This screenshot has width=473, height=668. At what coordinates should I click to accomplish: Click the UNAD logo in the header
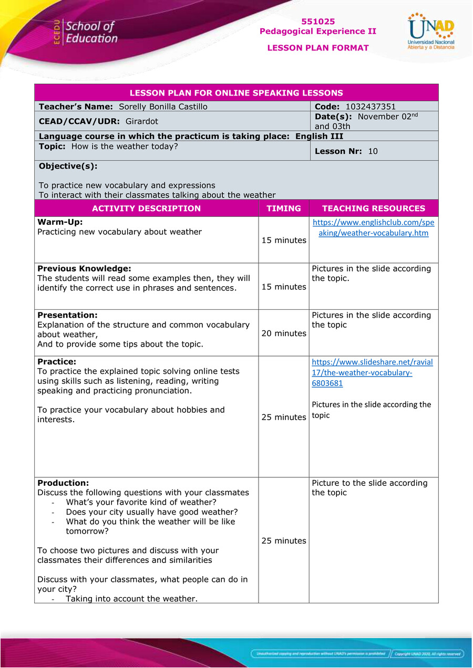point(431,32)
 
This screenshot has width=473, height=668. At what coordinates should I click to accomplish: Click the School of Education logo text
point(89,32)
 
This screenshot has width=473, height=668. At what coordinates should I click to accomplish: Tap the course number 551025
point(318,22)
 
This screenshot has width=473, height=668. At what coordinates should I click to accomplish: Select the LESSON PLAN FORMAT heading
point(318,48)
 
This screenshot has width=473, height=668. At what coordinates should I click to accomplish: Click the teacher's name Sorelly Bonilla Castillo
point(163,107)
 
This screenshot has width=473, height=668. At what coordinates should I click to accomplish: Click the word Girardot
point(142,121)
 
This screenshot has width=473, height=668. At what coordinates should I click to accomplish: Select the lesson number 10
point(373,151)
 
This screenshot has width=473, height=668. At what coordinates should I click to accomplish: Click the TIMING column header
point(283,208)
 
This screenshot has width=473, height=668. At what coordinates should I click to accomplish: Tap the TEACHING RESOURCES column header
point(374,208)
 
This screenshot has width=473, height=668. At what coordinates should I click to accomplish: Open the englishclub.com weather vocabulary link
point(373,227)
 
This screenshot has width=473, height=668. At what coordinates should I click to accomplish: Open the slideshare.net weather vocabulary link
point(372,372)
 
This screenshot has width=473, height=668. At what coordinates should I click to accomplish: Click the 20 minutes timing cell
point(284,333)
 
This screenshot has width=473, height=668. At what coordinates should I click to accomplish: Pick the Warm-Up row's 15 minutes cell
point(284,240)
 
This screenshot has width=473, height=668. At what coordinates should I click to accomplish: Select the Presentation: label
point(67,315)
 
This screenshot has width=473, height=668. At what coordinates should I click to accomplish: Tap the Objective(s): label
point(68,166)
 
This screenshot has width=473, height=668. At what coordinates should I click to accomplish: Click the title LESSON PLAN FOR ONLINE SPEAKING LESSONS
point(236,93)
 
